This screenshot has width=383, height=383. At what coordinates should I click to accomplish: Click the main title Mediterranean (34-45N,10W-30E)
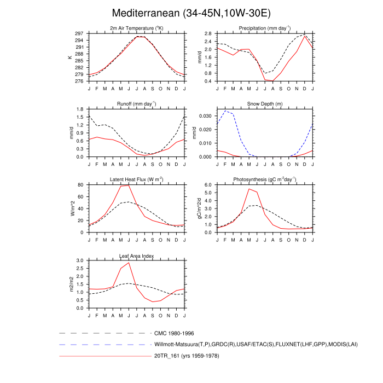click(x=191, y=13)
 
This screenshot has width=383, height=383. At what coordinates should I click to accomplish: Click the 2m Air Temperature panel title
click(x=136, y=28)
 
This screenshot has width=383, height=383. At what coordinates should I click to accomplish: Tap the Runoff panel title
click(x=136, y=104)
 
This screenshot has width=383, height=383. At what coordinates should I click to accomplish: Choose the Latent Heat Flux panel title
click(x=136, y=179)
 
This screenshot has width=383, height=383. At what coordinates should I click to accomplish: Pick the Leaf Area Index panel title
click(x=136, y=255)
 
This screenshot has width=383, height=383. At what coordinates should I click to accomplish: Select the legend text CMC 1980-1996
click(x=174, y=333)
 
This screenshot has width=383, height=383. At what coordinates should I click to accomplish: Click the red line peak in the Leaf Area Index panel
click(x=129, y=263)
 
